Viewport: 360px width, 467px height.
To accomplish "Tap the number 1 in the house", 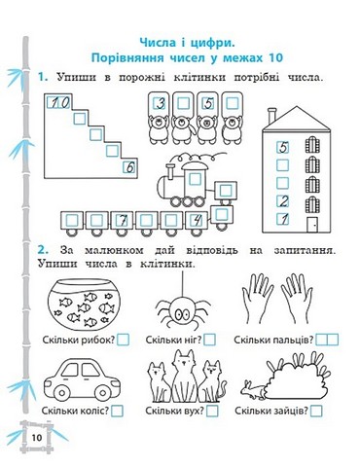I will click(x=283, y=220).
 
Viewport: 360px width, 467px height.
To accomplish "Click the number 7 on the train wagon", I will click(x=124, y=221).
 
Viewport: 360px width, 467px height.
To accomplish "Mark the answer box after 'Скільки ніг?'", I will click(x=209, y=341).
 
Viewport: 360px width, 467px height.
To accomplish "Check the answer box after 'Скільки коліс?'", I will click(x=118, y=412).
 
